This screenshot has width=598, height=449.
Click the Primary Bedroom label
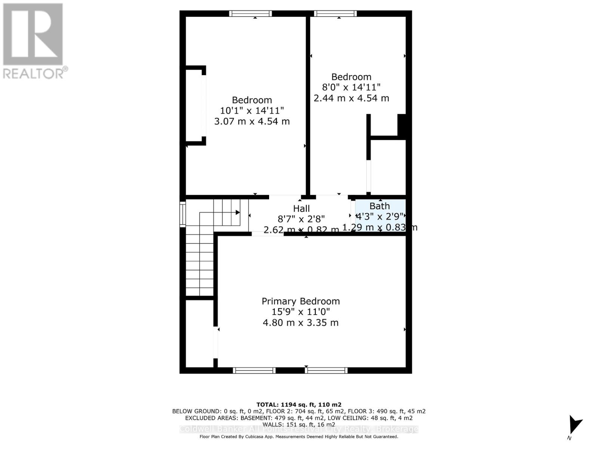point(300,301)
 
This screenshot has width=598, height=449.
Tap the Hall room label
point(301,208)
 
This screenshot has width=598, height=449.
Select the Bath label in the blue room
point(379,206)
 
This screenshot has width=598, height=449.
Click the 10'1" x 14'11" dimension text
point(252,110)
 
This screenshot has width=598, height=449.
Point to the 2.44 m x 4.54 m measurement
point(351,98)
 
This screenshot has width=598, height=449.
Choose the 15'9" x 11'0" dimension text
point(300,312)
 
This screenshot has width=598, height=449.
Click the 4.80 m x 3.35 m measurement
point(300,323)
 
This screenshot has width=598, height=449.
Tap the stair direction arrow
point(237,213)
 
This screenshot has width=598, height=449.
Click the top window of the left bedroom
point(250,14)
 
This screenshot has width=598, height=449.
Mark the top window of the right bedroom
point(335,14)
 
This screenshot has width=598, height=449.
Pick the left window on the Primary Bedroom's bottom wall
point(254,370)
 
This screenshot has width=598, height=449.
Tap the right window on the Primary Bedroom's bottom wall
point(326,370)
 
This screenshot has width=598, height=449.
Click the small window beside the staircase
point(182,214)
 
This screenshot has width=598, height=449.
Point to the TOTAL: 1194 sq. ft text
point(299,404)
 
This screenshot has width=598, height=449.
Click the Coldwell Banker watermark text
point(299,429)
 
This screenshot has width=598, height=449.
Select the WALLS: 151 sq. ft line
point(299,424)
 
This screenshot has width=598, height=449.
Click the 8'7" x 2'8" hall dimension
point(301,219)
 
